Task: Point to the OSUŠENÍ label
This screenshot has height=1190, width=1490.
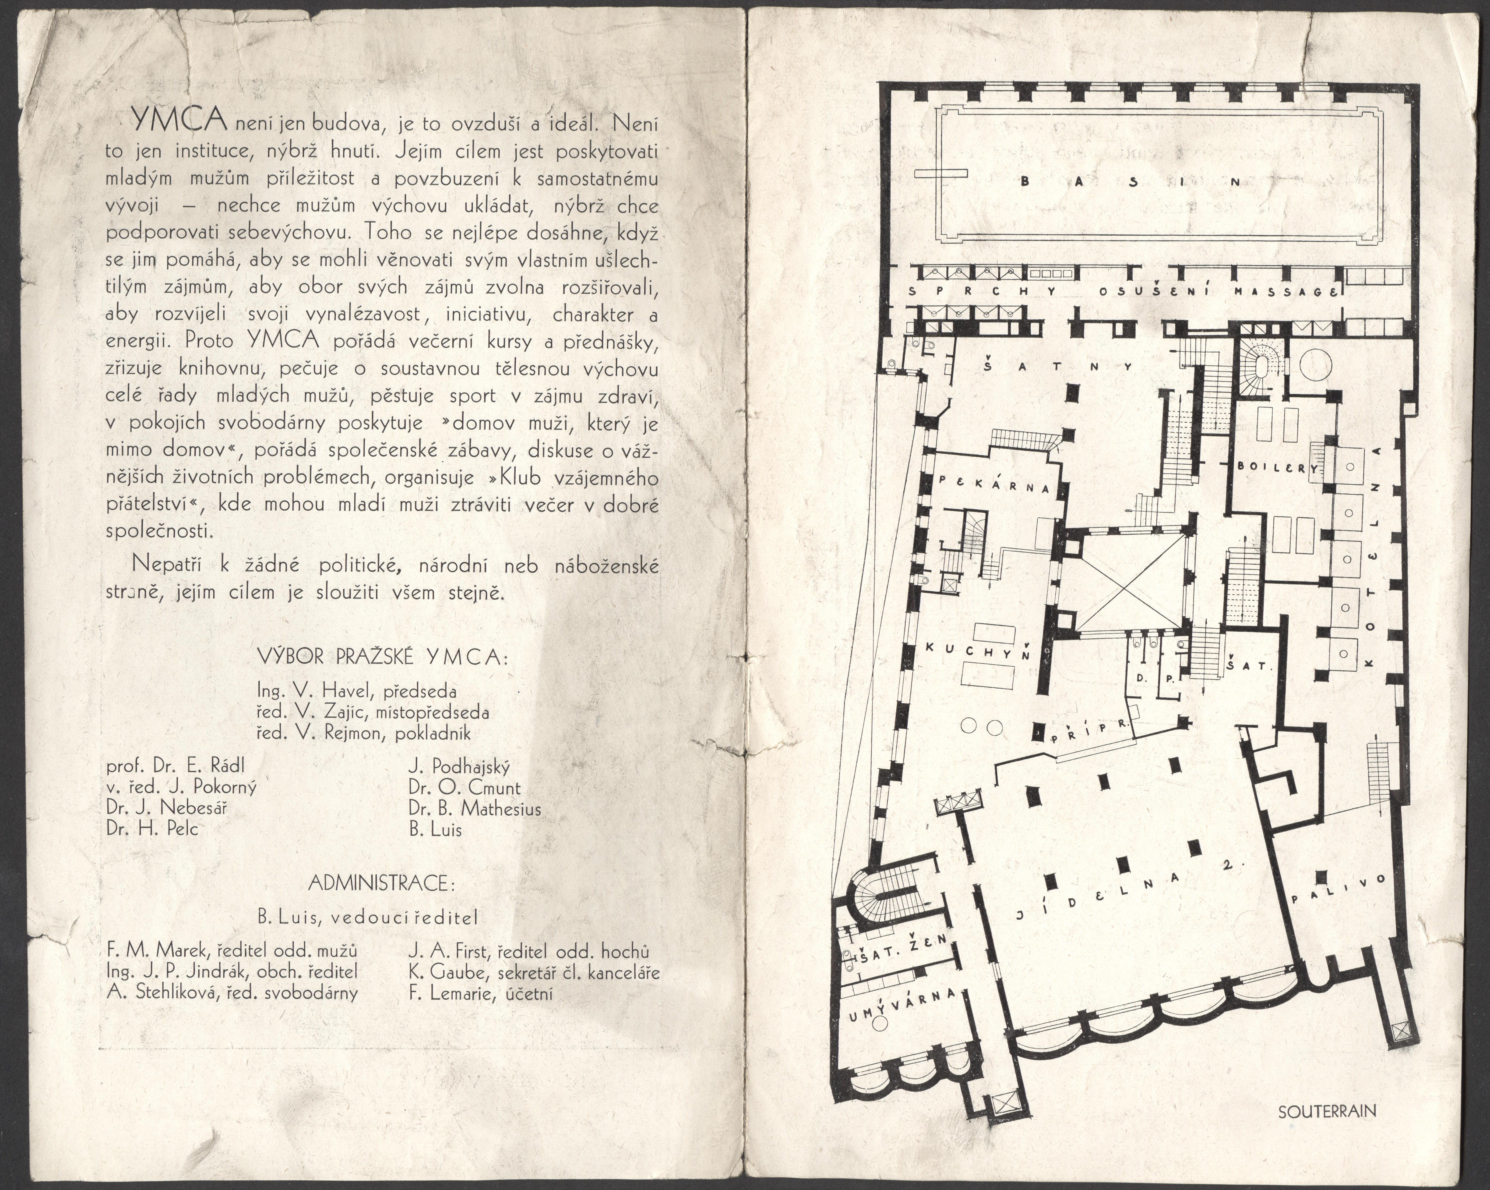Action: click(x=1153, y=291)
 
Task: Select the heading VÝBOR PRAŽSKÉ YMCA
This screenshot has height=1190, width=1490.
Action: click(x=382, y=657)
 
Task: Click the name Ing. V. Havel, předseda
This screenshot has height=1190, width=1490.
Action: click(x=357, y=690)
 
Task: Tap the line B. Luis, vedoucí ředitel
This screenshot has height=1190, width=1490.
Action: click(x=368, y=918)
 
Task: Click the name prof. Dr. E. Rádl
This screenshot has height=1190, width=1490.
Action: click(x=176, y=766)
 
